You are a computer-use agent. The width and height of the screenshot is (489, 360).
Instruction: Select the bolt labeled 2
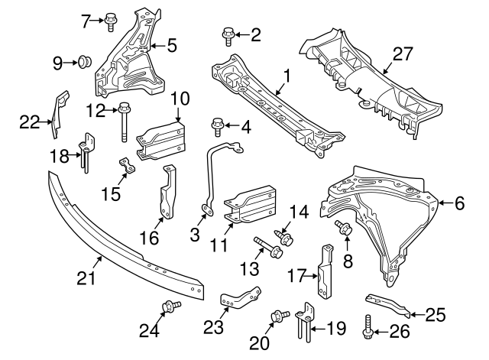(x=228, y=34)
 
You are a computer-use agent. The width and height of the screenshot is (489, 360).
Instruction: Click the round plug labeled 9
(x=86, y=61)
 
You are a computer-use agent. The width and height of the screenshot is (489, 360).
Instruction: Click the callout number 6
(x=458, y=203)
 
